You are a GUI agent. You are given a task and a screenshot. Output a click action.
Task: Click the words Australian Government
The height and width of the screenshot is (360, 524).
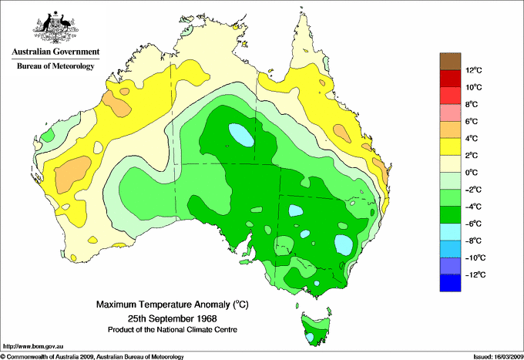[55, 52]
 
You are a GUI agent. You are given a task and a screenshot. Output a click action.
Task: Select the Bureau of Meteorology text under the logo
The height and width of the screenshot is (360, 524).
[55, 66]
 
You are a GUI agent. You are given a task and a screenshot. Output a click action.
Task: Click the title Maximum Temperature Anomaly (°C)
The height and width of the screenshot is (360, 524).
[171, 304]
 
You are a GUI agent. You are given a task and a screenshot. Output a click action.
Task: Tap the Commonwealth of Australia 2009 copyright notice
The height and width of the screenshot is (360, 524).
[92, 356]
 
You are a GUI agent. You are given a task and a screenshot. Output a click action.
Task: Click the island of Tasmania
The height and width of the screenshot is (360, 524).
[314, 327]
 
